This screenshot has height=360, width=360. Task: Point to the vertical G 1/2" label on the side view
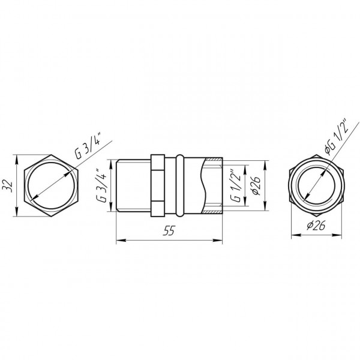(x=236, y=186)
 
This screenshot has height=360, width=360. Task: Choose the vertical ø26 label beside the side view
(x=254, y=186)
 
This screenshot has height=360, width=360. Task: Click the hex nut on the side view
(x=157, y=186)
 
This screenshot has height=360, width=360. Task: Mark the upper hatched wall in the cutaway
(x=213, y=161)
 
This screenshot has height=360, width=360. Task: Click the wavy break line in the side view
(x=203, y=186)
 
